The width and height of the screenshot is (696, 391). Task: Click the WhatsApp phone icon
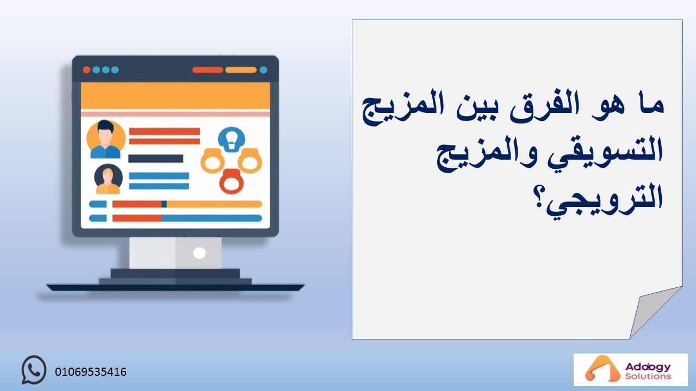(x=34, y=370)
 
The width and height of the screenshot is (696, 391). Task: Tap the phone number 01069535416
(x=91, y=372)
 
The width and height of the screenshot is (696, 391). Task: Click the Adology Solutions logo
(x=630, y=370)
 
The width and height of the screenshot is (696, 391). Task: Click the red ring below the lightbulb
(x=232, y=182)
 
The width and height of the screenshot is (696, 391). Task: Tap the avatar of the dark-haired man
(x=105, y=140)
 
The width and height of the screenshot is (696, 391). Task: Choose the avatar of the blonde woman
(x=108, y=179)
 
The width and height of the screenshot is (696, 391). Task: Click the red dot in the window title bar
(x=86, y=70)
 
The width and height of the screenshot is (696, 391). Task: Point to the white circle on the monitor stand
(x=199, y=253)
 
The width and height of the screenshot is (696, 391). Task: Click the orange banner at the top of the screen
(x=175, y=96)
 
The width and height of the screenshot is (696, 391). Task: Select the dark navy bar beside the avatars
(x=156, y=159)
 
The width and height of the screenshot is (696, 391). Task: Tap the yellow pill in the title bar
(x=241, y=70)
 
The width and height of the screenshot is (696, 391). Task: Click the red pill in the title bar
(x=208, y=70)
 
